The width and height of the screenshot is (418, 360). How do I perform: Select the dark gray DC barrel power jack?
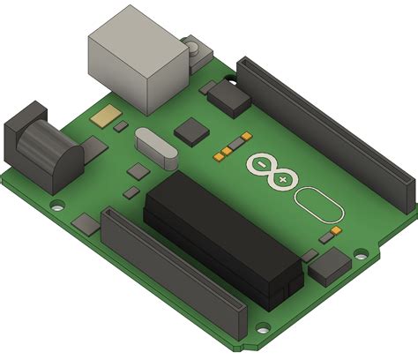[x=40, y=146]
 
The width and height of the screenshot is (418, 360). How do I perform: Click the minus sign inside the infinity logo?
[x=262, y=164]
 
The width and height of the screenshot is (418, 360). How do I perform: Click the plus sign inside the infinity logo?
[x=281, y=179]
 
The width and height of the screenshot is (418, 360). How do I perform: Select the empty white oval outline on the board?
[x=317, y=204]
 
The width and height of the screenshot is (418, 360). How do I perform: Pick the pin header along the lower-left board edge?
[x=173, y=274]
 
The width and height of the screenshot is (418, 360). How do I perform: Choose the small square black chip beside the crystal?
[x=191, y=132]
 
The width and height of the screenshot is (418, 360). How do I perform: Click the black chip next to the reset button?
[x=230, y=97]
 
